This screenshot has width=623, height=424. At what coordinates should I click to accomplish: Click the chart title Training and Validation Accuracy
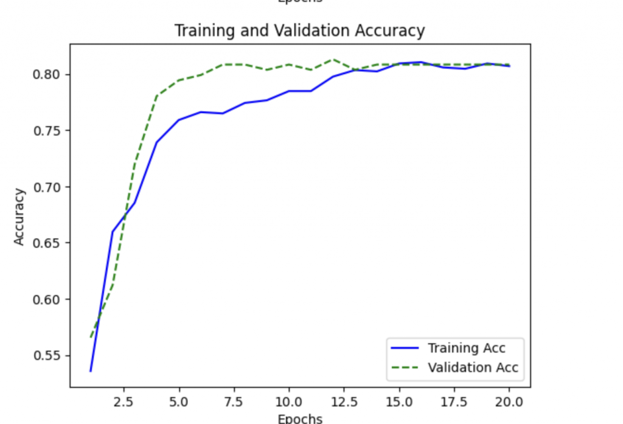point(299,30)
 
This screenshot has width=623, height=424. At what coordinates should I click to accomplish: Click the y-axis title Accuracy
point(19,217)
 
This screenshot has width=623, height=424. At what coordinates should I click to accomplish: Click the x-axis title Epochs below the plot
point(299,419)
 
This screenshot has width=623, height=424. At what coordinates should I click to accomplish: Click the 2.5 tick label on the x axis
point(124,401)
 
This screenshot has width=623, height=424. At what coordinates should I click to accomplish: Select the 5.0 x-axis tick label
point(179,401)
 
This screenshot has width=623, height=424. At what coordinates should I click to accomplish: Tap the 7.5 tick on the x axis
point(234,401)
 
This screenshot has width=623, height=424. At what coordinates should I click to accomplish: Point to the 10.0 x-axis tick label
point(289,401)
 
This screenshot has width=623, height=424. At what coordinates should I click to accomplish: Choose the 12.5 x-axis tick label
point(344,401)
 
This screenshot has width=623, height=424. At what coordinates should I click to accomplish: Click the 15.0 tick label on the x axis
point(399,401)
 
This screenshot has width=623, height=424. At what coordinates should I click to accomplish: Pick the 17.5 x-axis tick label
point(454,401)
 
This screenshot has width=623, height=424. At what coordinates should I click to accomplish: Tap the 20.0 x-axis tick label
point(509,401)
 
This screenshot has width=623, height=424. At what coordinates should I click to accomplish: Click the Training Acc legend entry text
point(467,348)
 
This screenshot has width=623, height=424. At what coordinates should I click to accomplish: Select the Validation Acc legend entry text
point(473,367)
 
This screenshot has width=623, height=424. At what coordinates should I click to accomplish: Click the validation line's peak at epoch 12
point(333,60)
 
